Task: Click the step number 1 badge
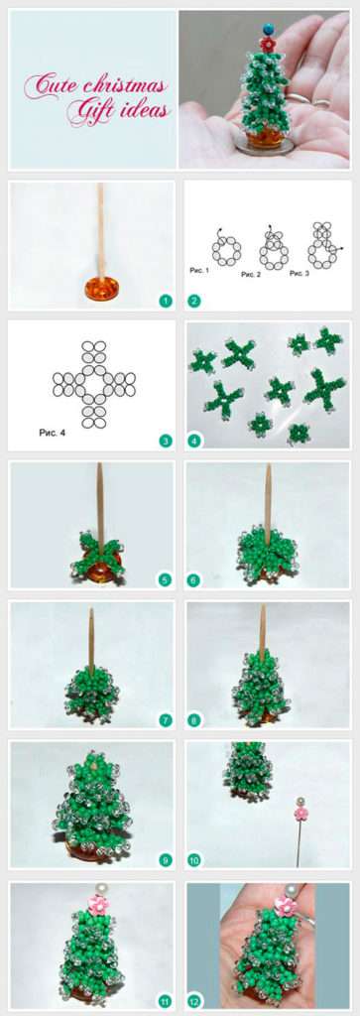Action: [x=165, y=300]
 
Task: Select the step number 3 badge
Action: [x=165, y=442]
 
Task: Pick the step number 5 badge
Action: [x=165, y=579]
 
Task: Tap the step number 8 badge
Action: [x=193, y=720]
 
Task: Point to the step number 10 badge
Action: [x=193, y=860]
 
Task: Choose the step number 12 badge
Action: [x=193, y=1001]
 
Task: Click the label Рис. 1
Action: [x=199, y=270]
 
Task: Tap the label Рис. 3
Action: [x=300, y=273]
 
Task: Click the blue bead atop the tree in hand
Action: [x=268, y=29]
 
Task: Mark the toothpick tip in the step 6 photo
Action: [x=268, y=465]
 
